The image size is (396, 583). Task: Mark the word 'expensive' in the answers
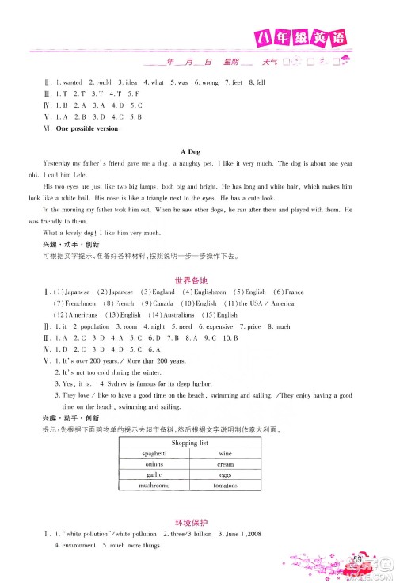click(215, 326)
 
